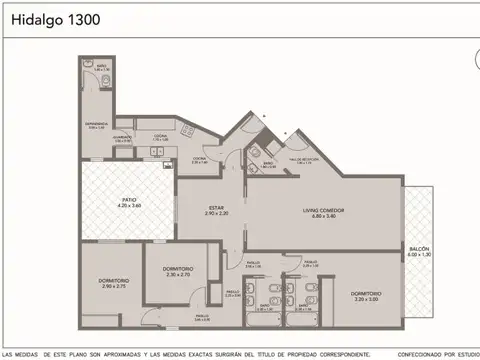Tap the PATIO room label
[x=129, y=201]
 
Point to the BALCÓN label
[x=420, y=249]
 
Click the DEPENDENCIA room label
[x=98, y=125]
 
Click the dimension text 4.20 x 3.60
[x=129, y=207]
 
